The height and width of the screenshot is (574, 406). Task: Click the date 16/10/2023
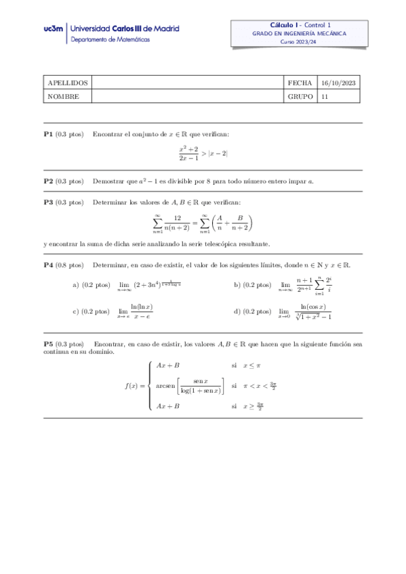(x=338, y=83)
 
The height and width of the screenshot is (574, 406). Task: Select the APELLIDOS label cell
(x=67, y=83)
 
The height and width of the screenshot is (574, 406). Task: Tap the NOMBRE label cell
(x=63, y=97)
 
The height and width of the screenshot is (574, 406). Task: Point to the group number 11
(x=325, y=97)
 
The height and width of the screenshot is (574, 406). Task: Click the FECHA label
(x=300, y=83)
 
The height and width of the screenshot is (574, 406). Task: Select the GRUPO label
(x=300, y=97)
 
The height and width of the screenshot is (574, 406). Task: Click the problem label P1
(x=48, y=134)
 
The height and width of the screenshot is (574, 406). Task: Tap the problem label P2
(x=48, y=181)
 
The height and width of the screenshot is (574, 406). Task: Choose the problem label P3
(x=48, y=202)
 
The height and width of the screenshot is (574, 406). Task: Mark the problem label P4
(x=48, y=265)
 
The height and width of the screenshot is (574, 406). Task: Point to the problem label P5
(x=48, y=344)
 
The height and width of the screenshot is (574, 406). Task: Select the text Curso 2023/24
(x=299, y=42)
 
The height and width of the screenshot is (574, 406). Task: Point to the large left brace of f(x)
(x=149, y=386)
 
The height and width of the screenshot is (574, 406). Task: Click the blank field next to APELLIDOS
(x=187, y=83)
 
